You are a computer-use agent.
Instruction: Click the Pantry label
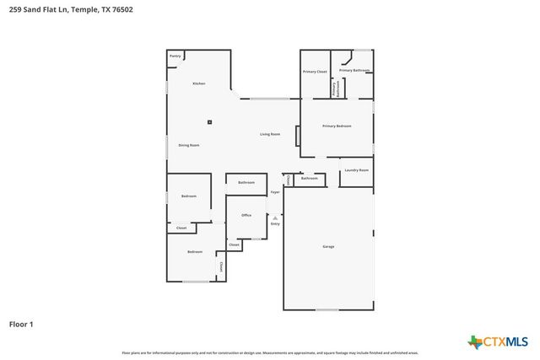point(175,56)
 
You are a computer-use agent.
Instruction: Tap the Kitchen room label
point(198,83)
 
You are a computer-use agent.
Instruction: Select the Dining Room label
point(189,145)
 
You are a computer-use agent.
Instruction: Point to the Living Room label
point(270,134)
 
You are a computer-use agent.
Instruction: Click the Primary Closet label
point(315,72)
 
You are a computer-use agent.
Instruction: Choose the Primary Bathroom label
point(354,70)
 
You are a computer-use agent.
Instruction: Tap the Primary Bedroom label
point(337,126)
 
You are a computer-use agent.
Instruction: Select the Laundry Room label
point(357,170)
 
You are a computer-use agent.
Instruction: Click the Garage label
point(328,246)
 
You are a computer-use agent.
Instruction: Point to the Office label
point(246,215)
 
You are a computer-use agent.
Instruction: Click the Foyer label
point(274,193)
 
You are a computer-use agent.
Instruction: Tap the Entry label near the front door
point(274,224)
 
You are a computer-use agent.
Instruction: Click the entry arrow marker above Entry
point(274,218)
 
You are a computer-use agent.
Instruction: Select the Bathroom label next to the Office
point(246,182)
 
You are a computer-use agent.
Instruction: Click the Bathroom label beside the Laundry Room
point(310,178)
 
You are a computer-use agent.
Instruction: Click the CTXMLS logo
point(498,341)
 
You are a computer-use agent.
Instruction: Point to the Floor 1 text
point(21,323)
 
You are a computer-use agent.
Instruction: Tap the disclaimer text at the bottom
point(270,352)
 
